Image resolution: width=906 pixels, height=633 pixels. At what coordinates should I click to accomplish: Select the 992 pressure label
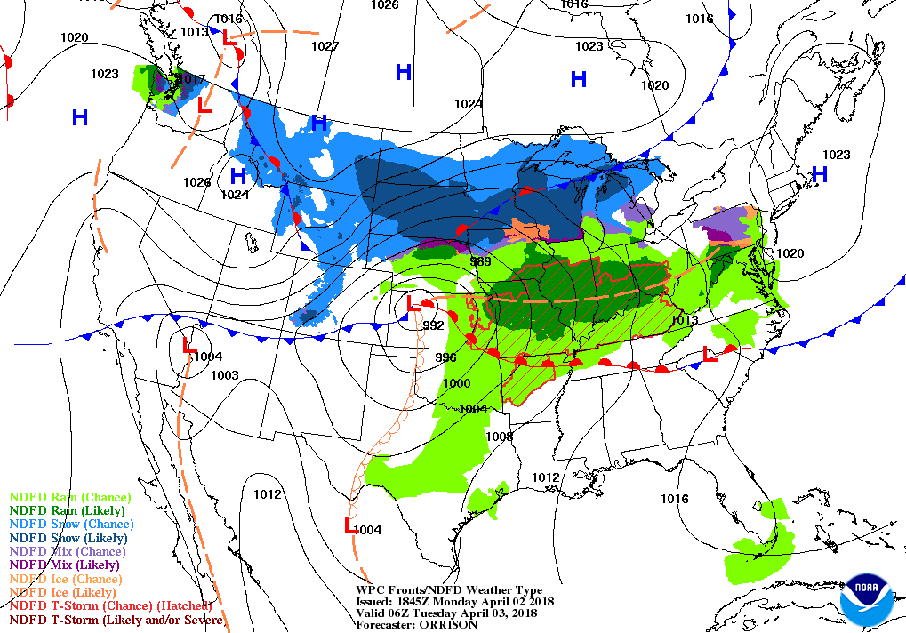coord(433,325)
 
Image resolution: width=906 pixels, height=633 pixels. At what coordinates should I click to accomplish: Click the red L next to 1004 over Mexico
coord(350,525)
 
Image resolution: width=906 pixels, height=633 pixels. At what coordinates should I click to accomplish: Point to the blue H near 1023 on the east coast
coord(820,174)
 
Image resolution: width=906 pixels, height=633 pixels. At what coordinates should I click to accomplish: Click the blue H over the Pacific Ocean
coord(80,117)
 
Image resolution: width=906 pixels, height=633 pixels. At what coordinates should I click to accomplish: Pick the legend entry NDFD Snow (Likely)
coord(68,538)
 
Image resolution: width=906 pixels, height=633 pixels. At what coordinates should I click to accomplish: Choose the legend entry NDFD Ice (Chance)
coord(64,579)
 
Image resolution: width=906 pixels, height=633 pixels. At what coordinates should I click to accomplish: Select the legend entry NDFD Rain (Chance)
coord(69,498)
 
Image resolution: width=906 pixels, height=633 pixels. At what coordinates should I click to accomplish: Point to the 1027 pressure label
coord(325,46)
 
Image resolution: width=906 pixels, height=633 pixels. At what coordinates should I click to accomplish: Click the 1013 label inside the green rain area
coord(685,320)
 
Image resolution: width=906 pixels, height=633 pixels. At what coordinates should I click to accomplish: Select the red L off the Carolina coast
coord(710,354)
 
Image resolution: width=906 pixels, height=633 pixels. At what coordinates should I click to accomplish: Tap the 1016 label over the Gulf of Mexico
coord(674,499)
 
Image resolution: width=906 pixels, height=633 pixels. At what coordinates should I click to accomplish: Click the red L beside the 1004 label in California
coord(188,346)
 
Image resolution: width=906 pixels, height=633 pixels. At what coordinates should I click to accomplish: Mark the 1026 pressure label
coord(197,182)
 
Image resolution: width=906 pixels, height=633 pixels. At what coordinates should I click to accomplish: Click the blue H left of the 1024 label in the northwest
coord(237,175)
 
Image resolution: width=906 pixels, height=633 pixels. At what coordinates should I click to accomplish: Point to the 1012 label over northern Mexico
coord(267,494)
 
